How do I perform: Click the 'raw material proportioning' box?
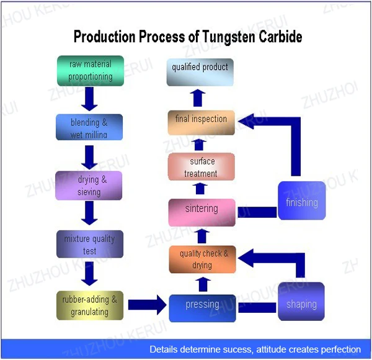pyautogui.click(x=91, y=71)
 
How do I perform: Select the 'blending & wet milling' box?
pyautogui.click(x=89, y=127)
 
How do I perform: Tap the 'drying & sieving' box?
pyautogui.click(x=89, y=186)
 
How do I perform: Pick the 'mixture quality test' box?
pyautogui.click(x=90, y=244)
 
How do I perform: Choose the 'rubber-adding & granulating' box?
pyautogui.click(x=90, y=305)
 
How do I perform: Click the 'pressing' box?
pyautogui.click(x=202, y=308)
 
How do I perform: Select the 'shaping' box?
pyautogui.click(x=301, y=302)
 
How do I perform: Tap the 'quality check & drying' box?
pyautogui.click(x=202, y=259)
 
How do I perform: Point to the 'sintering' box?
pyautogui.click(x=202, y=212)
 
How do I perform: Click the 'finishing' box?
pyautogui.click(x=302, y=200)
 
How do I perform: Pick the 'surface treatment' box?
pyautogui.click(x=201, y=167)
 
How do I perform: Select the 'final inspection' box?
pyautogui.click(x=201, y=122)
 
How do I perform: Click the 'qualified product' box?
pyautogui.click(x=200, y=72)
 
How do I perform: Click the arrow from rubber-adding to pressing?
pyautogui.click(x=147, y=305)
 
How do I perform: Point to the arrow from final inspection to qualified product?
pyautogui.click(x=198, y=98)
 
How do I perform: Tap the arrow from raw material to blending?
pyautogui.click(x=89, y=99)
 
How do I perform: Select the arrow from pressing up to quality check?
pyautogui.click(x=203, y=284)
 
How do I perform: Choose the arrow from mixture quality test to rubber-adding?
pyautogui.click(x=89, y=274)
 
